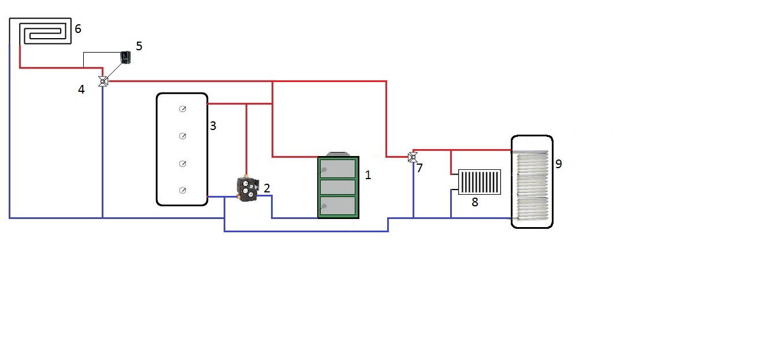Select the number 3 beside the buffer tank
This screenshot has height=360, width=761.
213,125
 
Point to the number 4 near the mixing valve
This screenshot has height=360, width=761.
81,90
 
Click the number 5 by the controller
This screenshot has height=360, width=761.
138,46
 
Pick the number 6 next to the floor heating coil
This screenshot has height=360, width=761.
78,28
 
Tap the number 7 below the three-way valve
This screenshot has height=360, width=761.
420,168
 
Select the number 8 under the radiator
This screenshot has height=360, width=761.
474,202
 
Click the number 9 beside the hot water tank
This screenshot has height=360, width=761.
558,164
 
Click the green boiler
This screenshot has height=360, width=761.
338,187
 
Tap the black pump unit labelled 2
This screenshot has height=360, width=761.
247,190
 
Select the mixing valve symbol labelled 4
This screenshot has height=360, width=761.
103,81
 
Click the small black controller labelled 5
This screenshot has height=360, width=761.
124,57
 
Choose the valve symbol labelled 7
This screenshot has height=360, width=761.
412,157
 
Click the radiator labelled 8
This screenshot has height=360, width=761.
479,182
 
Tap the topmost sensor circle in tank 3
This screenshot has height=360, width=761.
182,109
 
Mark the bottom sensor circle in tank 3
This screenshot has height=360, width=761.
182,190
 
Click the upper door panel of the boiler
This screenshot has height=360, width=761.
338,168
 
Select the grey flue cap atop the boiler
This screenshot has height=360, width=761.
338,154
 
